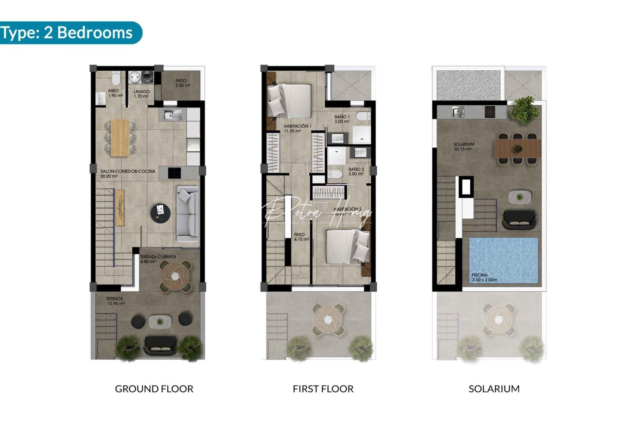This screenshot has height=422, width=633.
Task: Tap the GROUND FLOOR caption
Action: pos(154,389)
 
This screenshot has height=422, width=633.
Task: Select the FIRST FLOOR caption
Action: pos(323,389)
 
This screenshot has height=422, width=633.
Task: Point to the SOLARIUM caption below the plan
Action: pos(494,389)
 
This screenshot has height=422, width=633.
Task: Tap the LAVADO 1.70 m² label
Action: pos(141,94)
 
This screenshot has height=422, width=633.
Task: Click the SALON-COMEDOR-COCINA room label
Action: pos(127,173)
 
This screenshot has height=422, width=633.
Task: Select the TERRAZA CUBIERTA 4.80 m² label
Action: pos(158,259)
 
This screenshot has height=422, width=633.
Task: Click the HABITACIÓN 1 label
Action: pos(297,129)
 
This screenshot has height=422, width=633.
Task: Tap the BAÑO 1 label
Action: pos(342,119)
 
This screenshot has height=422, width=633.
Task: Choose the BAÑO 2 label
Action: pos(356,172)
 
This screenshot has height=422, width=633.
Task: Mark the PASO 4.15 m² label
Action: pos(301,237)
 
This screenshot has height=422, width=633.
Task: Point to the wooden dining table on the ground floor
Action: pos(120,138)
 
